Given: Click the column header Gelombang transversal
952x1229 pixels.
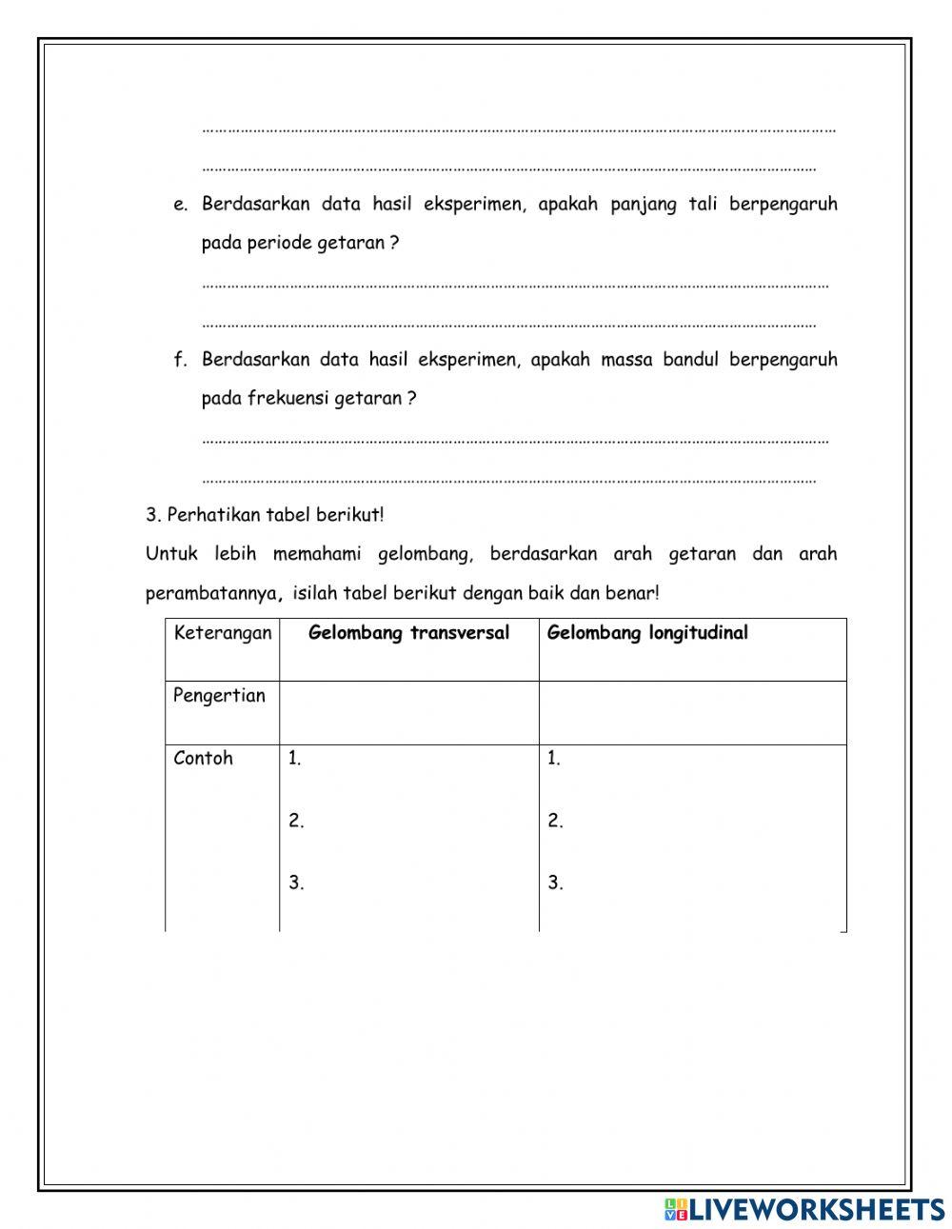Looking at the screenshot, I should point(408,633).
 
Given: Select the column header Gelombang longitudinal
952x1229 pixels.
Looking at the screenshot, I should point(647,633).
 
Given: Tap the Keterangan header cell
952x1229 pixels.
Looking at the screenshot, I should point(223,633).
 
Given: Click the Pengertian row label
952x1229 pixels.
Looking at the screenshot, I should point(219,696).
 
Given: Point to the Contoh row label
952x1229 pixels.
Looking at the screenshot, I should point(203,759).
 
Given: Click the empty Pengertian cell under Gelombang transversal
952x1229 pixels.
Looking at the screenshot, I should point(408,712).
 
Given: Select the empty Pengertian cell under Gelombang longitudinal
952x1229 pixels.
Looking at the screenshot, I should point(692,712).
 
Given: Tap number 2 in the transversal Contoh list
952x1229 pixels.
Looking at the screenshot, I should point(296,822).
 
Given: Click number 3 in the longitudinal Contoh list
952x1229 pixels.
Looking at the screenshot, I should point(555,883).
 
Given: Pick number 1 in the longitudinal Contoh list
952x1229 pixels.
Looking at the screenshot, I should point(554,759).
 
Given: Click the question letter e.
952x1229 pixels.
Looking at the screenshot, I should point(180,205).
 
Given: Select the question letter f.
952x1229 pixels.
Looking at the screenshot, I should point(179,360).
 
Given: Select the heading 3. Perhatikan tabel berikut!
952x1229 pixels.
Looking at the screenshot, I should point(265,515).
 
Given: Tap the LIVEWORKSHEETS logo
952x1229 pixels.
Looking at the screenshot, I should point(804,1209).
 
